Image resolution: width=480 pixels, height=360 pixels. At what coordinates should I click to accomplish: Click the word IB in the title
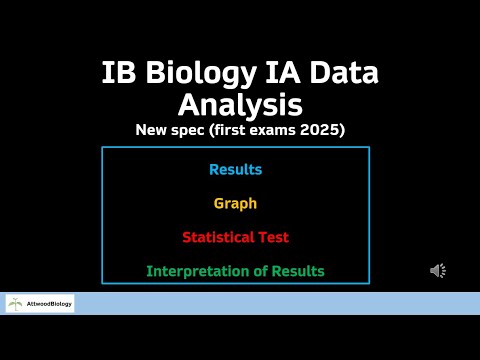118,74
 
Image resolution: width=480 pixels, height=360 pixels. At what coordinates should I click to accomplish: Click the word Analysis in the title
240,104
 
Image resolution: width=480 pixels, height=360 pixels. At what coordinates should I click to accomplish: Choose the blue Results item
235,170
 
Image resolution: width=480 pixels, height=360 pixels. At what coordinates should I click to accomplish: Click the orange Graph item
235,204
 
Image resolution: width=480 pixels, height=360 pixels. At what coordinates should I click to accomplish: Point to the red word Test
275,238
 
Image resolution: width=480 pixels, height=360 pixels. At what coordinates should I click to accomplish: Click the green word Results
297,272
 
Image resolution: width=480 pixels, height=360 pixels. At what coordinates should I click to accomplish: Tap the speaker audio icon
438,271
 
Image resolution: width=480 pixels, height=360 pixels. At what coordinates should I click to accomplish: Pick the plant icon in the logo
16,304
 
